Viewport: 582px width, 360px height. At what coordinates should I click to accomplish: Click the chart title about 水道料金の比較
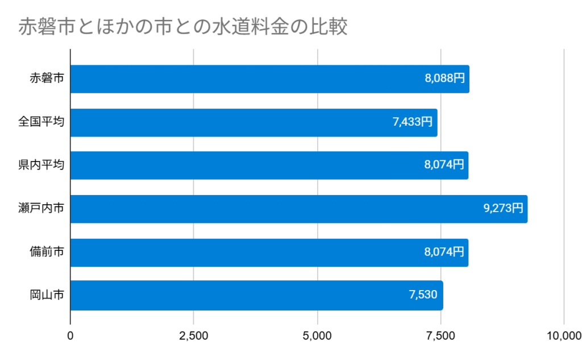[182, 27]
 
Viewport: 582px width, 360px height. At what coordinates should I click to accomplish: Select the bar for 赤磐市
[269, 79]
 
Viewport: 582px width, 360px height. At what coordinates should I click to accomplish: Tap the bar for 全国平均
[253, 122]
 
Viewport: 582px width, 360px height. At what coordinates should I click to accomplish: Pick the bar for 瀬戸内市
[298, 209]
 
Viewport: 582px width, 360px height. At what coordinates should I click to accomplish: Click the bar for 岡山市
[256, 295]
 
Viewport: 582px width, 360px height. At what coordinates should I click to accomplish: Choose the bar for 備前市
[269, 253]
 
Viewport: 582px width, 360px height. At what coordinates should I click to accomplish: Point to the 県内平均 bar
[269, 165]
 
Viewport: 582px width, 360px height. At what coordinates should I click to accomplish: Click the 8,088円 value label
[444, 79]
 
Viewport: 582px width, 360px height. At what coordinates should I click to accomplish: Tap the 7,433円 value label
[412, 122]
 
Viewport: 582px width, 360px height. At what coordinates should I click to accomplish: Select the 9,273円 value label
[503, 209]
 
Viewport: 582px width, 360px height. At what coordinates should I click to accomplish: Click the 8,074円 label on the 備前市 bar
[444, 252]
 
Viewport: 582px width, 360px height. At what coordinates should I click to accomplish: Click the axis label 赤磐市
[47, 79]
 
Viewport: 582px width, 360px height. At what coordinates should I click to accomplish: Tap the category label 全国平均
[41, 122]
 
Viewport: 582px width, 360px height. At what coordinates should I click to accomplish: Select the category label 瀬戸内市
[41, 209]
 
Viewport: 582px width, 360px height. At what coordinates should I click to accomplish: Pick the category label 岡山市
[47, 295]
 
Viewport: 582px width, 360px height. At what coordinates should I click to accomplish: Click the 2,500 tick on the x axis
[194, 336]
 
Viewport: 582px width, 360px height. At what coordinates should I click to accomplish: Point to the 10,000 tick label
[563, 336]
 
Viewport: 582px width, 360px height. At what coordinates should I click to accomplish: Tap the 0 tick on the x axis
[70, 336]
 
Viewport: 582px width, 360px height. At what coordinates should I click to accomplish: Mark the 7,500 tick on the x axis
[441, 336]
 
